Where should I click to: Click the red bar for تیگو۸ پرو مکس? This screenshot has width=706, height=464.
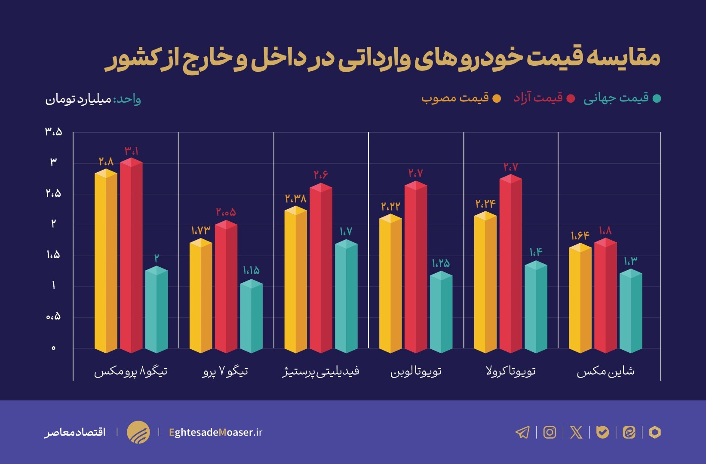[x=131, y=258]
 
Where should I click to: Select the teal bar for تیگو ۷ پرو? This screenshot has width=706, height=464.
[x=251, y=318]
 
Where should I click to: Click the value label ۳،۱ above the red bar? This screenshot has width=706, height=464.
[x=132, y=151]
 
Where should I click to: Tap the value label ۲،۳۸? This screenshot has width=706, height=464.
[x=295, y=198]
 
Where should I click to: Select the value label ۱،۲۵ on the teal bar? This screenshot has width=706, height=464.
[x=441, y=263]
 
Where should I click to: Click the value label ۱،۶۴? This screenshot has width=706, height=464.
[x=580, y=235]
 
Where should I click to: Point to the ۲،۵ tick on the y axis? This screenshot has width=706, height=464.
[x=54, y=194]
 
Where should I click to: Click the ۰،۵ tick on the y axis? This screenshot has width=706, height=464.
[x=54, y=317]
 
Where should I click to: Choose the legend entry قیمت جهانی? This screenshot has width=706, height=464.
[x=616, y=98]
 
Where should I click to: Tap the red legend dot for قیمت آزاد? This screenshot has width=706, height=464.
[x=571, y=98]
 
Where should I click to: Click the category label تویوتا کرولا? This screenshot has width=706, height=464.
[x=511, y=371]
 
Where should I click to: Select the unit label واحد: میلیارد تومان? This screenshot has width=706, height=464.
[x=93, y=99]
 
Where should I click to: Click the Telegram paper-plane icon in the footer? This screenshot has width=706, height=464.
[x=522, y=432]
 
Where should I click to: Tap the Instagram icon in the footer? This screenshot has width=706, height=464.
[x=549, y=432]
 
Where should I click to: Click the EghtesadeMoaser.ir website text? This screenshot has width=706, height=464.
[x=215, y=432]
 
